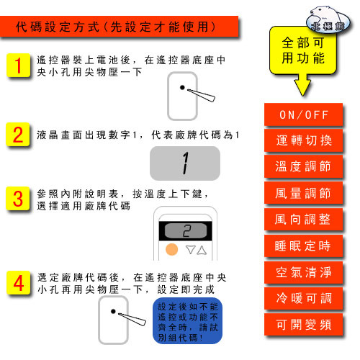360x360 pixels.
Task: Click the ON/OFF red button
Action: click(x=303, y=114)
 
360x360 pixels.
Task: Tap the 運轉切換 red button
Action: click(x=303, y=140)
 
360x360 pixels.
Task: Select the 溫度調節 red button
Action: click(x=303, y=166)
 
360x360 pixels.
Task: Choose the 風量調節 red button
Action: click(x=303, y=193)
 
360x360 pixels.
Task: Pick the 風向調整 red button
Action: click(x=303, y=220)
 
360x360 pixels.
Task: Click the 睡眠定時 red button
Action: click(x=303, y=246)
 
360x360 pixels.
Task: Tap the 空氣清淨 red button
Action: click(x=303, y=273)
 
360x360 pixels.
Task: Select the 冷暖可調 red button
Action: click(x=303, y=299)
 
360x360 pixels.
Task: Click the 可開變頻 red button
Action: click(x=303, y=324)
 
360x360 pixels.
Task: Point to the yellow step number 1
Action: click(x=19, y=66)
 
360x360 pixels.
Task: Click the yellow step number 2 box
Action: click(x=18, y=135)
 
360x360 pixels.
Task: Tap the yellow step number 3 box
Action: click(x=18, y=199)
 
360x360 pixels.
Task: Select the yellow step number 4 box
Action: click(x=19, y=283)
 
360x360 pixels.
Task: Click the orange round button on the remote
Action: click(x=172, y=249)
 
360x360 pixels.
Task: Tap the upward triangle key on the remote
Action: click(x=202, y=250)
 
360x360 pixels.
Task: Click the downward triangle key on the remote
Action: click(x=191, y=250)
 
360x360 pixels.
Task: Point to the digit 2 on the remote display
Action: click(x=186, y=231)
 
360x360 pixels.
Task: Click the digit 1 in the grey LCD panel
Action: click(x=185, y=163)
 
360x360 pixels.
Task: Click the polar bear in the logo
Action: click(x=323, y=15)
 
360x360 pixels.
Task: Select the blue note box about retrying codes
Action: click(x=187, y=320)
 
